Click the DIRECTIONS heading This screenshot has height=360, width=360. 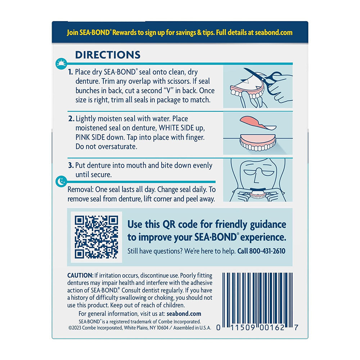coord(108,55)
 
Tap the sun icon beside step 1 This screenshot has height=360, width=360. coord(61,64)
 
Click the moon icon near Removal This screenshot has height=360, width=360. coord(61,181)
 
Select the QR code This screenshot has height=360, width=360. coord(96,237)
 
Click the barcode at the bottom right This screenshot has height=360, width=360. coord(257,298)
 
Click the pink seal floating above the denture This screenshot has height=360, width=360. coord(258,123)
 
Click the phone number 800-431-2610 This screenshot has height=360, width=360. coord(267,251)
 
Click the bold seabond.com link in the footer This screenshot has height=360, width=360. coord(184,314)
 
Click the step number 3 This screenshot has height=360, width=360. coord(71,165)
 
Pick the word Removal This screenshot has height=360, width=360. coord(80,190)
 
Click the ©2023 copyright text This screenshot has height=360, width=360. coord(140,328)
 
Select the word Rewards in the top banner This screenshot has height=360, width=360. coord(125,33)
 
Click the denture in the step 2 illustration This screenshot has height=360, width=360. coord(258,142)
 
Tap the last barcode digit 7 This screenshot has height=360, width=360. coord(296,328)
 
